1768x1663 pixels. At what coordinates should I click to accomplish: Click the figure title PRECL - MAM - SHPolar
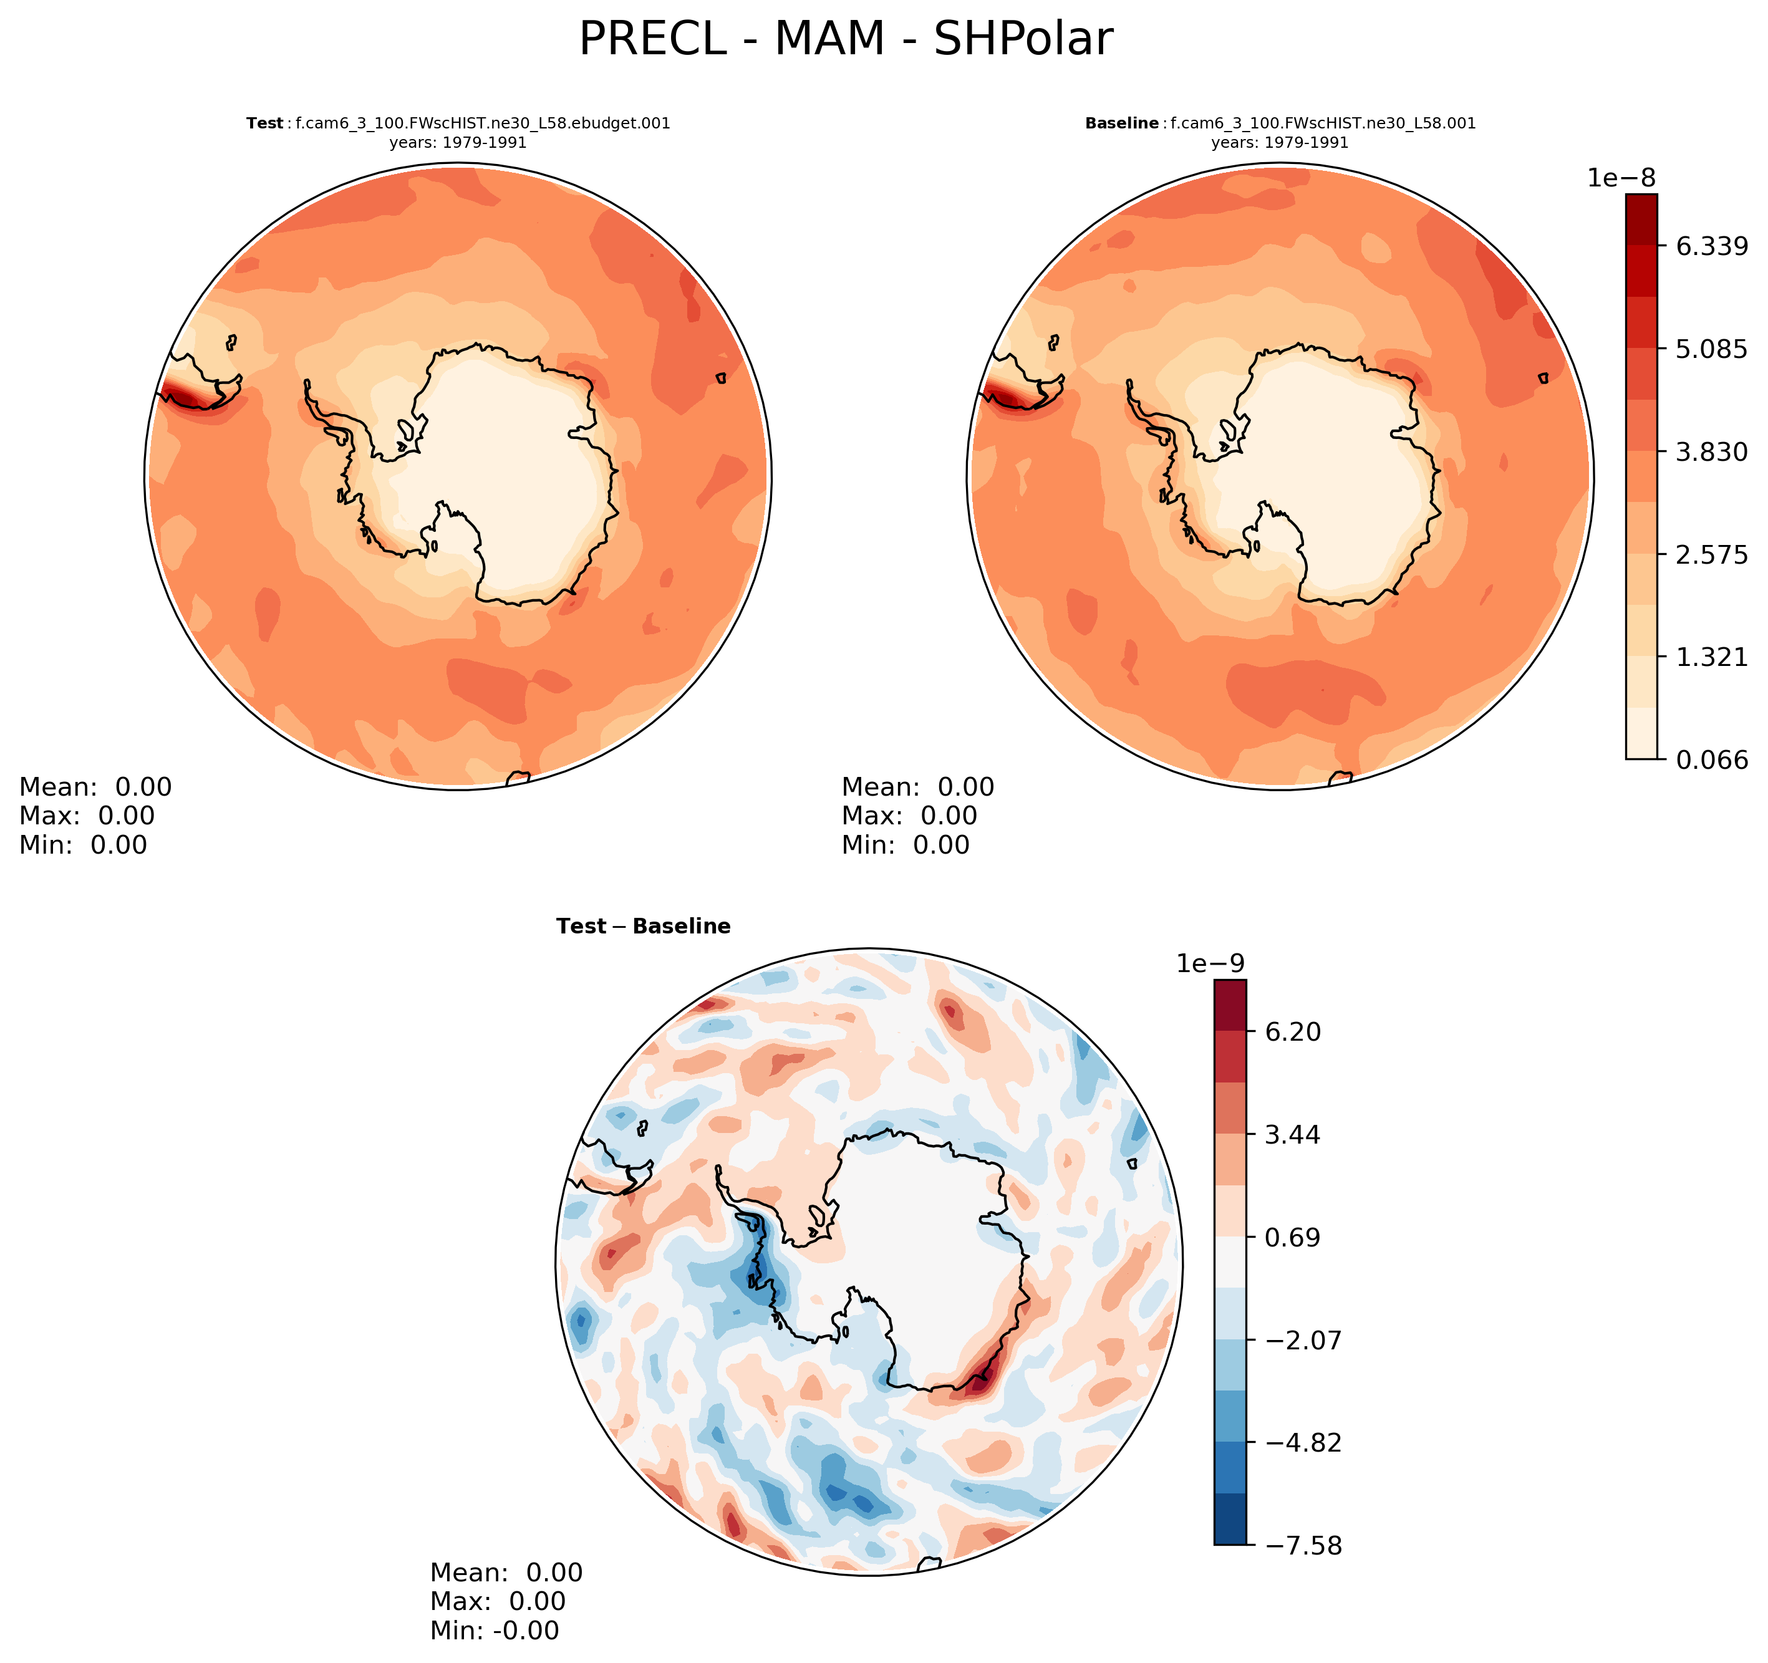(845, 40)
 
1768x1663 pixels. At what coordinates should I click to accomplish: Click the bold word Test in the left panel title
(265, 123)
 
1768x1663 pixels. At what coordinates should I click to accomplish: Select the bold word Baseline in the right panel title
(1121, 123)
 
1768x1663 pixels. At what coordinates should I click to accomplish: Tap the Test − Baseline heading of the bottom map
(643, 927)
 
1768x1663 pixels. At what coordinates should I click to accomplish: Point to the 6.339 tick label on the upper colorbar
(1712, 246)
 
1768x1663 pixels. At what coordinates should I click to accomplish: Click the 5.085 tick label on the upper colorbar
(1712, 349)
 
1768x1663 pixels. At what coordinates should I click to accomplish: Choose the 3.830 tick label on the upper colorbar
(1712, 452)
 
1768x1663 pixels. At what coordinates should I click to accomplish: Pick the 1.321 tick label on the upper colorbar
(1712, 657)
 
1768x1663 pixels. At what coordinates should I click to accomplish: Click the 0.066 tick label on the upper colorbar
(1712, 759)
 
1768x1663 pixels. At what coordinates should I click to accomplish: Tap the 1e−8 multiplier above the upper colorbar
(1621, 178)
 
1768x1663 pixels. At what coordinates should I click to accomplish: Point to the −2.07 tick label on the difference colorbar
(1294, 1339)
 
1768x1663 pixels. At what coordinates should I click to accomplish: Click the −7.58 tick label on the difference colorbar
(1294, 1546)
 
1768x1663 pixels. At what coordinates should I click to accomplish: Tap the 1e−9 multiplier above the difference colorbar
(1210, 963)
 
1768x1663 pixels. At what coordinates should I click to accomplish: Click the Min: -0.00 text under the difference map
(495, 1630)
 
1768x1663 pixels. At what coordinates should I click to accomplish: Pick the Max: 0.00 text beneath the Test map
(87, 816)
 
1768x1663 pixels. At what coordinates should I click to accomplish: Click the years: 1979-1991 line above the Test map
(458, 142)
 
